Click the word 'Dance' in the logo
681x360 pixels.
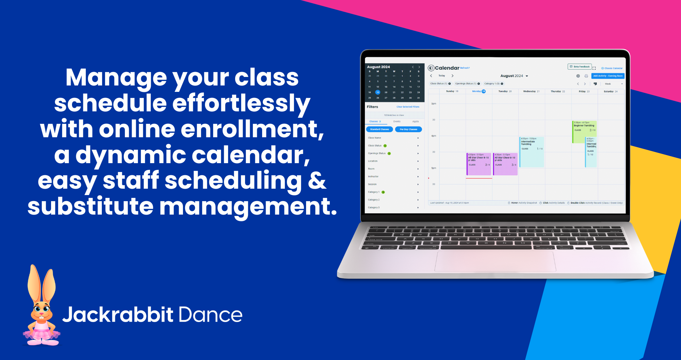(x=211, y=315)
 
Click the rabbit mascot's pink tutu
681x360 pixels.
(x=42, y=334)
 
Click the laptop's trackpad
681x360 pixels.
(x=495, y=261)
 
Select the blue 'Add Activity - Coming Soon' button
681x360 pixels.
(x=608, y=76)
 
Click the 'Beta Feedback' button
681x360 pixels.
(x=580, y=67)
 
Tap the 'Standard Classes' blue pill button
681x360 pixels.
(x=379, y=129)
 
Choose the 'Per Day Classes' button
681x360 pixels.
(x=408, y=129)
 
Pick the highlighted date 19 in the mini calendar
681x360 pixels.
(x=378, y=92)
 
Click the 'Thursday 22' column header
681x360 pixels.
(x=558, y=92)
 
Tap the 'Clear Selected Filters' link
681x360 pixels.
(x=408, y=107)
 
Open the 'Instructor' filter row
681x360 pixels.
(x=393, y=177)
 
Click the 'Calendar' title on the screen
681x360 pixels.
(x=447, y=68)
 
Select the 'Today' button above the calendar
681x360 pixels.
(x=442, y=76)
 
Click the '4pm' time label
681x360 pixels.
(x=433, y=136)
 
